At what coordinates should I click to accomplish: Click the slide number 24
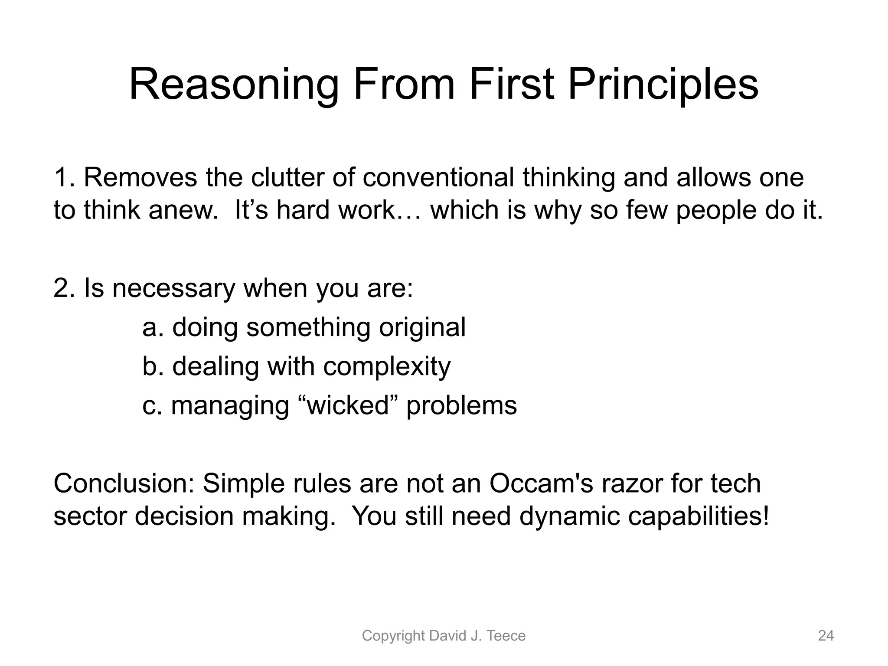point(826,636)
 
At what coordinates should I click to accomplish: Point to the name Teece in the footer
point(506,636)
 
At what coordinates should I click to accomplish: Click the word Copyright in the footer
point(393,636)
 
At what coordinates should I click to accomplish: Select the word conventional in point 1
point(438,177)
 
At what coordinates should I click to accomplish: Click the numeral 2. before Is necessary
point(65,288)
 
